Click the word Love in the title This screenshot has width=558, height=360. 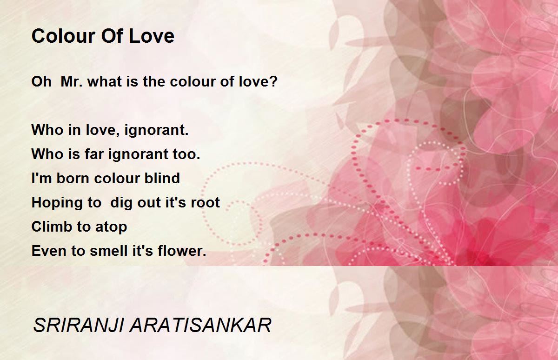coord(152,36)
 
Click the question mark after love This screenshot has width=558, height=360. coord(274,81)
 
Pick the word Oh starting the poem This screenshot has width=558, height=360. coord(41,81)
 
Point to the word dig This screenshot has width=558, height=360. coord(121,203)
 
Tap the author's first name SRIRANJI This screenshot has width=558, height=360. coord(79,325)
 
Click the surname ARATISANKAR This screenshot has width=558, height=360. coord(200,325)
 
